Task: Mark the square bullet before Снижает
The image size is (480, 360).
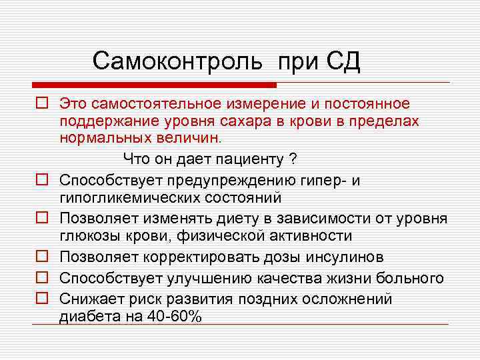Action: point(41,299)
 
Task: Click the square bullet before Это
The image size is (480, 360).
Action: point(41,104)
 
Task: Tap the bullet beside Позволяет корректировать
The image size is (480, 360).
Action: point(41,257)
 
